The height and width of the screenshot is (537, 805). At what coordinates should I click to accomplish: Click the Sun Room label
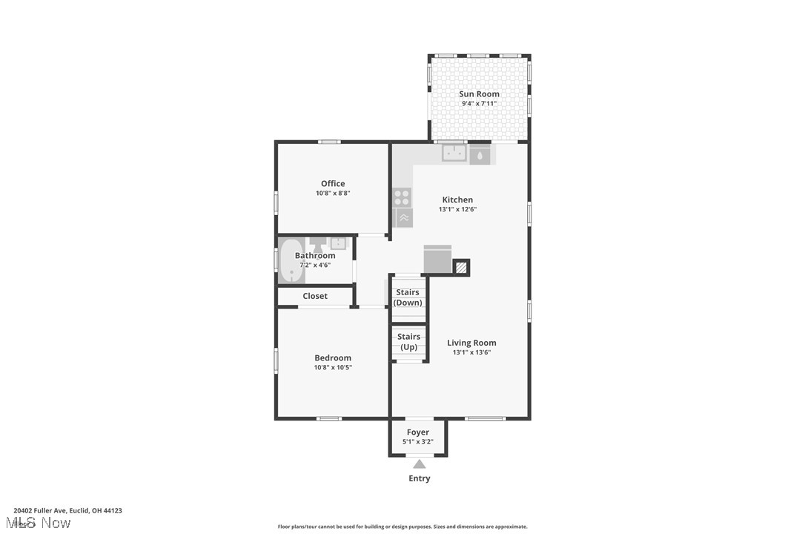[479, 94]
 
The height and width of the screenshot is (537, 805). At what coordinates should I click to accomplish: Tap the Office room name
[333, 184]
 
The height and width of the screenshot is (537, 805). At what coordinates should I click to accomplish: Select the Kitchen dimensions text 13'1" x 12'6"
[457, 209]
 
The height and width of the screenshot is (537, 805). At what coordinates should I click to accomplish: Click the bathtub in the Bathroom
[291, 261]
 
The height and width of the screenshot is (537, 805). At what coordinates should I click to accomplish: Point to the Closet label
[315, 296]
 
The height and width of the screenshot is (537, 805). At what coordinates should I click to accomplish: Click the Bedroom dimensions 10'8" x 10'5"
[333, 367]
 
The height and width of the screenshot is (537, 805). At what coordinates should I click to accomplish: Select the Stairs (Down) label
[408, 297]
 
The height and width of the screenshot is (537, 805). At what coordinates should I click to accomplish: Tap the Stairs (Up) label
[408, 342]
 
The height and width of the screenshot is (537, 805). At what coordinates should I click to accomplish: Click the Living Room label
[471, 343]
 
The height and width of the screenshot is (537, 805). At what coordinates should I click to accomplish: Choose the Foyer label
[418, 432]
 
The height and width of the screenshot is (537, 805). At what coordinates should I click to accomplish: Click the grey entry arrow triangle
[420, 464]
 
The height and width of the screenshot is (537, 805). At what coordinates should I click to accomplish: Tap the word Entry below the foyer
[420, 478]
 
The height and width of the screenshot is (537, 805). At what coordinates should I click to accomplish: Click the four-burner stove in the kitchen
[402, 197]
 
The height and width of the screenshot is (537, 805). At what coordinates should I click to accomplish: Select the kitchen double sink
[454, 154]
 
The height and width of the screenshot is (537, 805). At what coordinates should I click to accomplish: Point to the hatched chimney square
[461, 267]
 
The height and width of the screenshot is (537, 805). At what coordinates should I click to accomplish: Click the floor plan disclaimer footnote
[402, 527]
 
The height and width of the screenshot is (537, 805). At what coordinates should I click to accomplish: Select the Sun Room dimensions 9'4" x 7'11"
[479, 104]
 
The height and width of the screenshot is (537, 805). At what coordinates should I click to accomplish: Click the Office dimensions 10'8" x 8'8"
[333, 194]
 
